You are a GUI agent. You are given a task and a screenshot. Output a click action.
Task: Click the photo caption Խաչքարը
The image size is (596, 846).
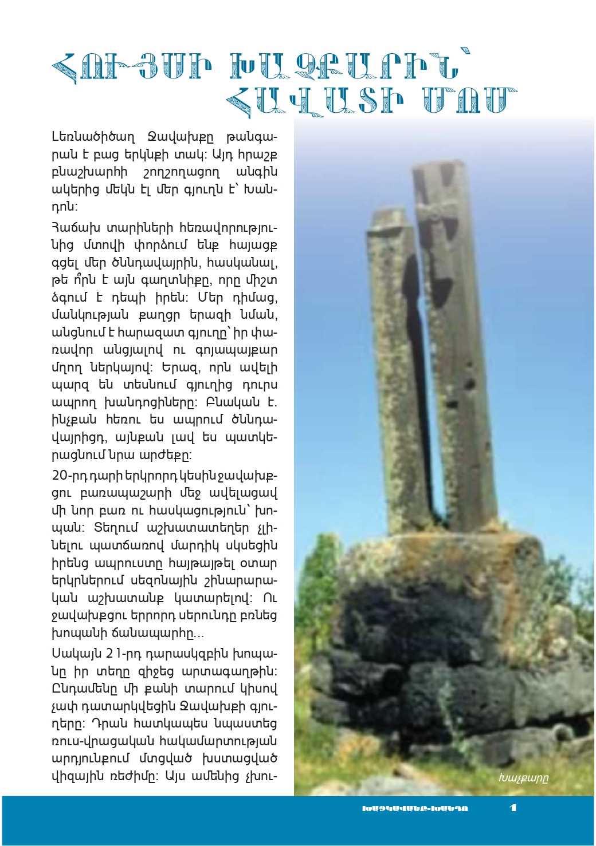coord(523,778)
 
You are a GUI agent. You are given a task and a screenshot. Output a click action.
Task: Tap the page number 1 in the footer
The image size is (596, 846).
coord(513,808)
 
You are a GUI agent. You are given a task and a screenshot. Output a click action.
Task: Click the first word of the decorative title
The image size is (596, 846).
coord(131,68)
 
